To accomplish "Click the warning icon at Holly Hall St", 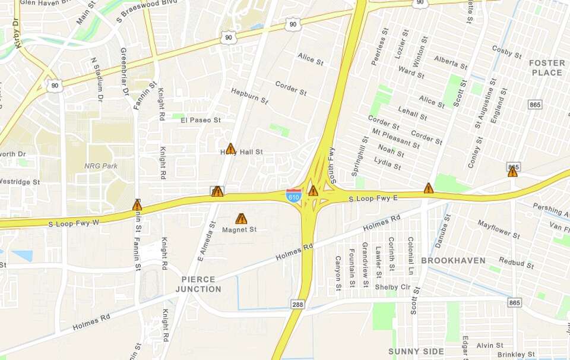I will point(230,149).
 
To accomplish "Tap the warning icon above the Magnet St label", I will point(241,219).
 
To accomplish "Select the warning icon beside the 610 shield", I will point(313,191).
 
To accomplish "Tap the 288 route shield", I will point(298,304).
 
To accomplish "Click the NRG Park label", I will point(101,166).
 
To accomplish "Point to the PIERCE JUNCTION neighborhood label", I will point(198,284).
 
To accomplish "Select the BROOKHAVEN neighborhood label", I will point(453,260).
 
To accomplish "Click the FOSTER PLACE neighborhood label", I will point(547,68).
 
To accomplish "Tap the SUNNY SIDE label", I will point(416,351).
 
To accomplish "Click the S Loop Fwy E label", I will point(373,198).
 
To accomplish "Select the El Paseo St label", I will point(200,120).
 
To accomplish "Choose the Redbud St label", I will point(516,262).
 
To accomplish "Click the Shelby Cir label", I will point(392,287).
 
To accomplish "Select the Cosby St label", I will point(506,52).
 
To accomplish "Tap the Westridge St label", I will point(20,181).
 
